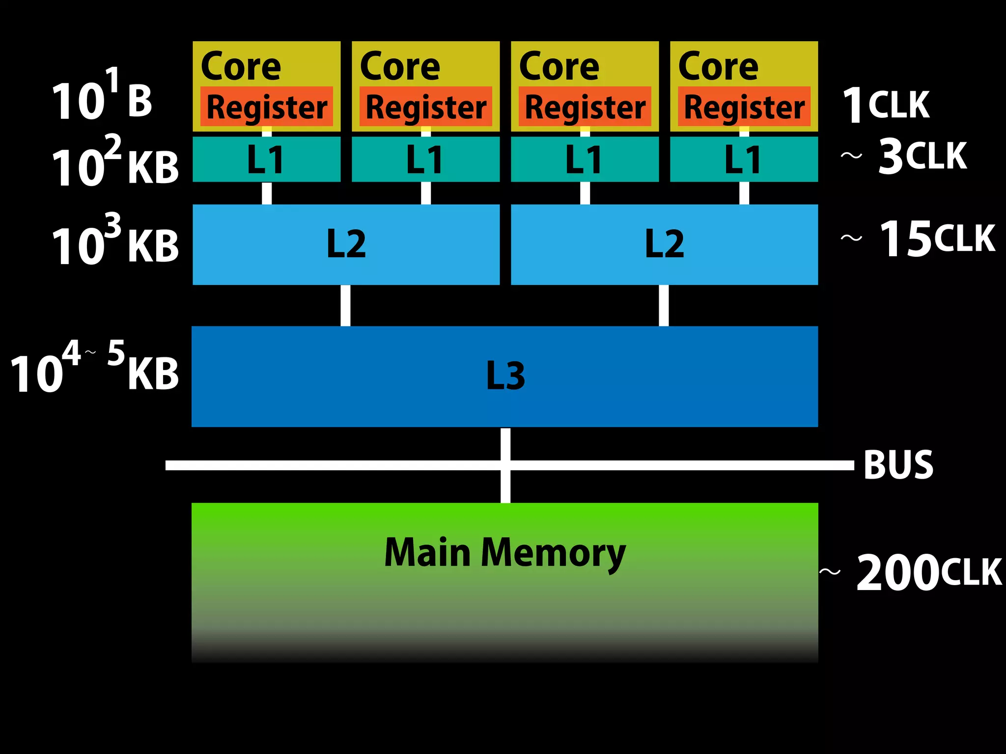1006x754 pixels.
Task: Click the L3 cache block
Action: [x=504, y=376]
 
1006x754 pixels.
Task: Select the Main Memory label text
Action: [x=504, y=553]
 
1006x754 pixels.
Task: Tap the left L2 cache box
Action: [x=346, y=244]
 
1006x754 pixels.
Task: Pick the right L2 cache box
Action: [x=664, y=244]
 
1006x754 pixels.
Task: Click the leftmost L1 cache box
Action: [x=266, y=159]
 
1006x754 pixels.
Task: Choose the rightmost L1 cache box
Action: [x=744, y=159]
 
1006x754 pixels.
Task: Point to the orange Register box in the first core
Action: [x=266, y=107]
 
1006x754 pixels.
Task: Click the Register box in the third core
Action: [x=585, y=107]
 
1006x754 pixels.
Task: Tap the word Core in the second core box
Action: [x=400, y=67]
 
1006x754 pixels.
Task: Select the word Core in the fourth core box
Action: [x=718, y=67]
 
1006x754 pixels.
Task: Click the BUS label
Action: [x=898, y=465]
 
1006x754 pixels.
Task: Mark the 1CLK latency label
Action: [x=886, y=105]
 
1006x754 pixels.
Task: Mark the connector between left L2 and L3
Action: [x=345, y=305]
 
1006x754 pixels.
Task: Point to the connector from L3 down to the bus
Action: [x=505, y=444]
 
